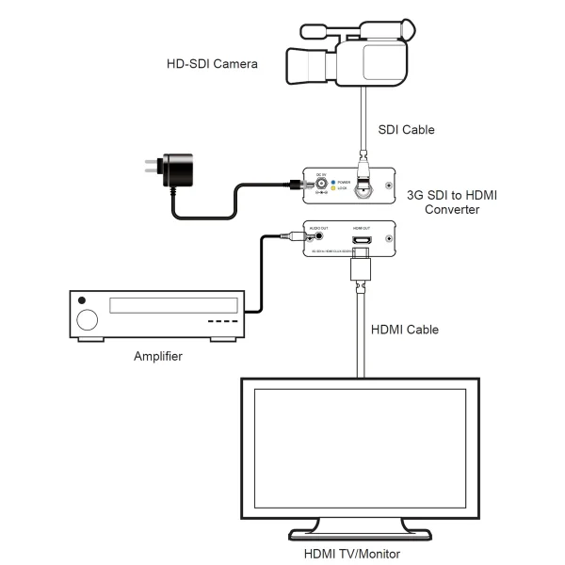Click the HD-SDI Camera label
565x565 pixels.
(211, 64)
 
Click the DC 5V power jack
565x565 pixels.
(321, 184)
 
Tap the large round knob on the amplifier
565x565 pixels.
(87, 318)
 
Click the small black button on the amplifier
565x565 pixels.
(83, 300)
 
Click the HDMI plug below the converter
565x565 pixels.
(361, 270)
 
